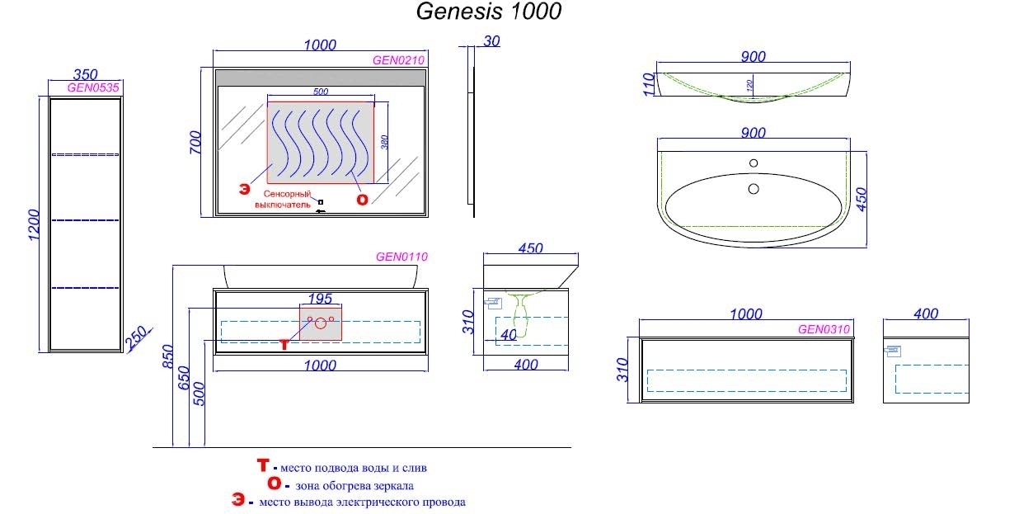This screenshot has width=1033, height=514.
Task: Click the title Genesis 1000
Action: point(489,12)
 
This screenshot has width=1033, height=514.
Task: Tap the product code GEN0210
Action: point(398,59)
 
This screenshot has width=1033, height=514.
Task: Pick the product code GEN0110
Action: point(401,257)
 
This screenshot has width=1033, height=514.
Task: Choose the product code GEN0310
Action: point(823,328)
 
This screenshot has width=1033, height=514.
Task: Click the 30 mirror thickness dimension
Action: point(492,41)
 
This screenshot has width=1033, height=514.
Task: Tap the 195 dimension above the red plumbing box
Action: point(320,298)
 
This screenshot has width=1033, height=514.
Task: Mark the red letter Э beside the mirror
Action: point(244,189)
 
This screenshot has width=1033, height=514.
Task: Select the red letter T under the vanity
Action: point(284,344)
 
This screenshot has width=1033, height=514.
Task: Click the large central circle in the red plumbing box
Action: point(321,323)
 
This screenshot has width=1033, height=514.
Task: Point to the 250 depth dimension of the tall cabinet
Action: point(137,337)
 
